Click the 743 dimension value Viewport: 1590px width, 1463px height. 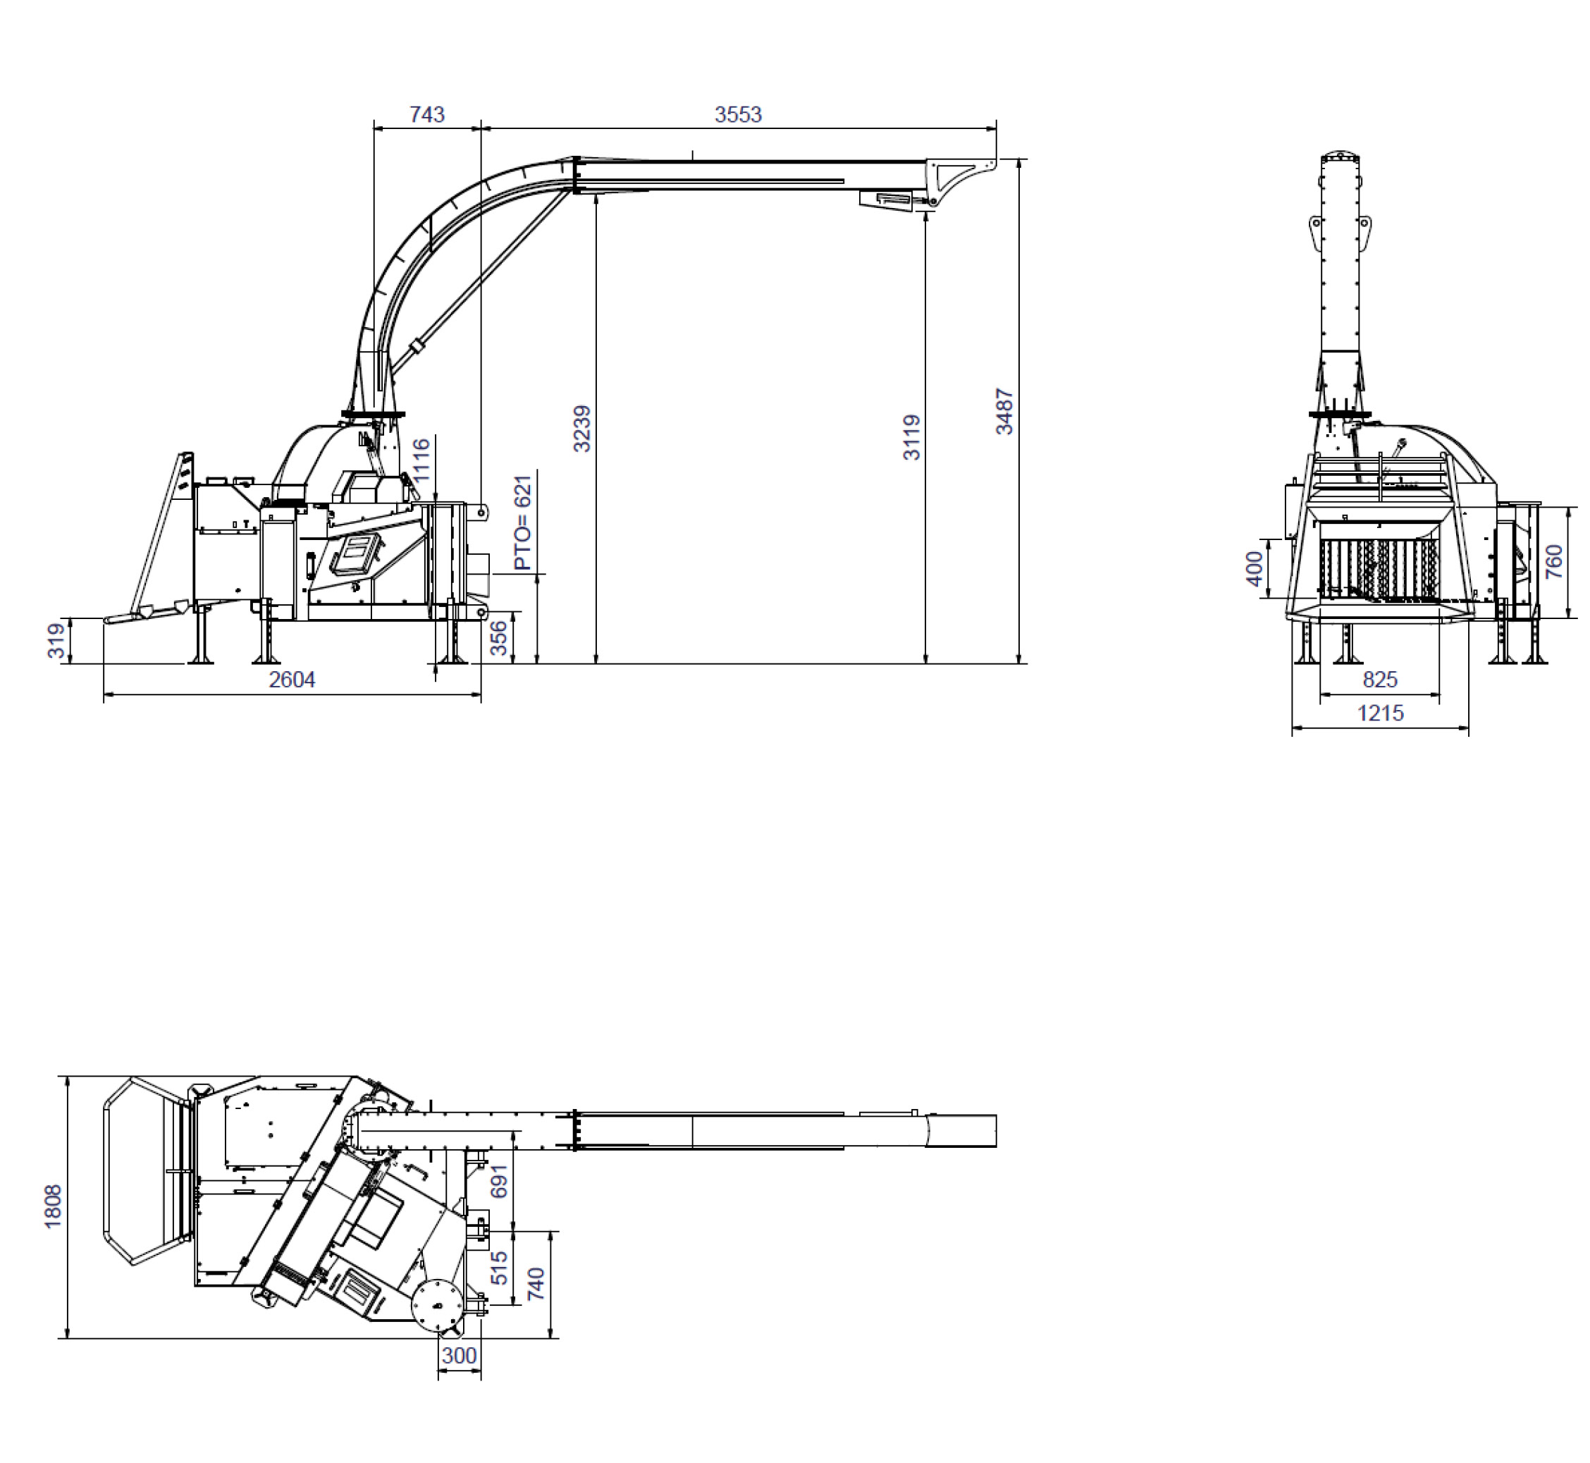point(426,115)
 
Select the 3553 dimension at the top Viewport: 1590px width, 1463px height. point(738,115)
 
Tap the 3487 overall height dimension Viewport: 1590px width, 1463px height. point(1004,412)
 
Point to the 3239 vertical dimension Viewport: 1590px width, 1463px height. point(581,429)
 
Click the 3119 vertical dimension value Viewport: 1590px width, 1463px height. point(912,437)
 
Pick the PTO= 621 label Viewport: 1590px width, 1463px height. point(523,522)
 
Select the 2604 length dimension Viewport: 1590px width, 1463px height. point(292,679)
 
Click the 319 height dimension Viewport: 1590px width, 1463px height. point(56,641)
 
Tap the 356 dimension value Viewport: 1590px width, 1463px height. point(498,639)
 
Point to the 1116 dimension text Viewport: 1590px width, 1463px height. point(421,459)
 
